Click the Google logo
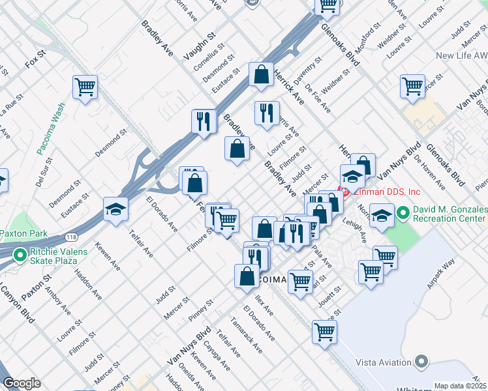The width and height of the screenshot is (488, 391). [x=22, y=383]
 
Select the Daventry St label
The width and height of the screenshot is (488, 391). [x=308, y=72]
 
